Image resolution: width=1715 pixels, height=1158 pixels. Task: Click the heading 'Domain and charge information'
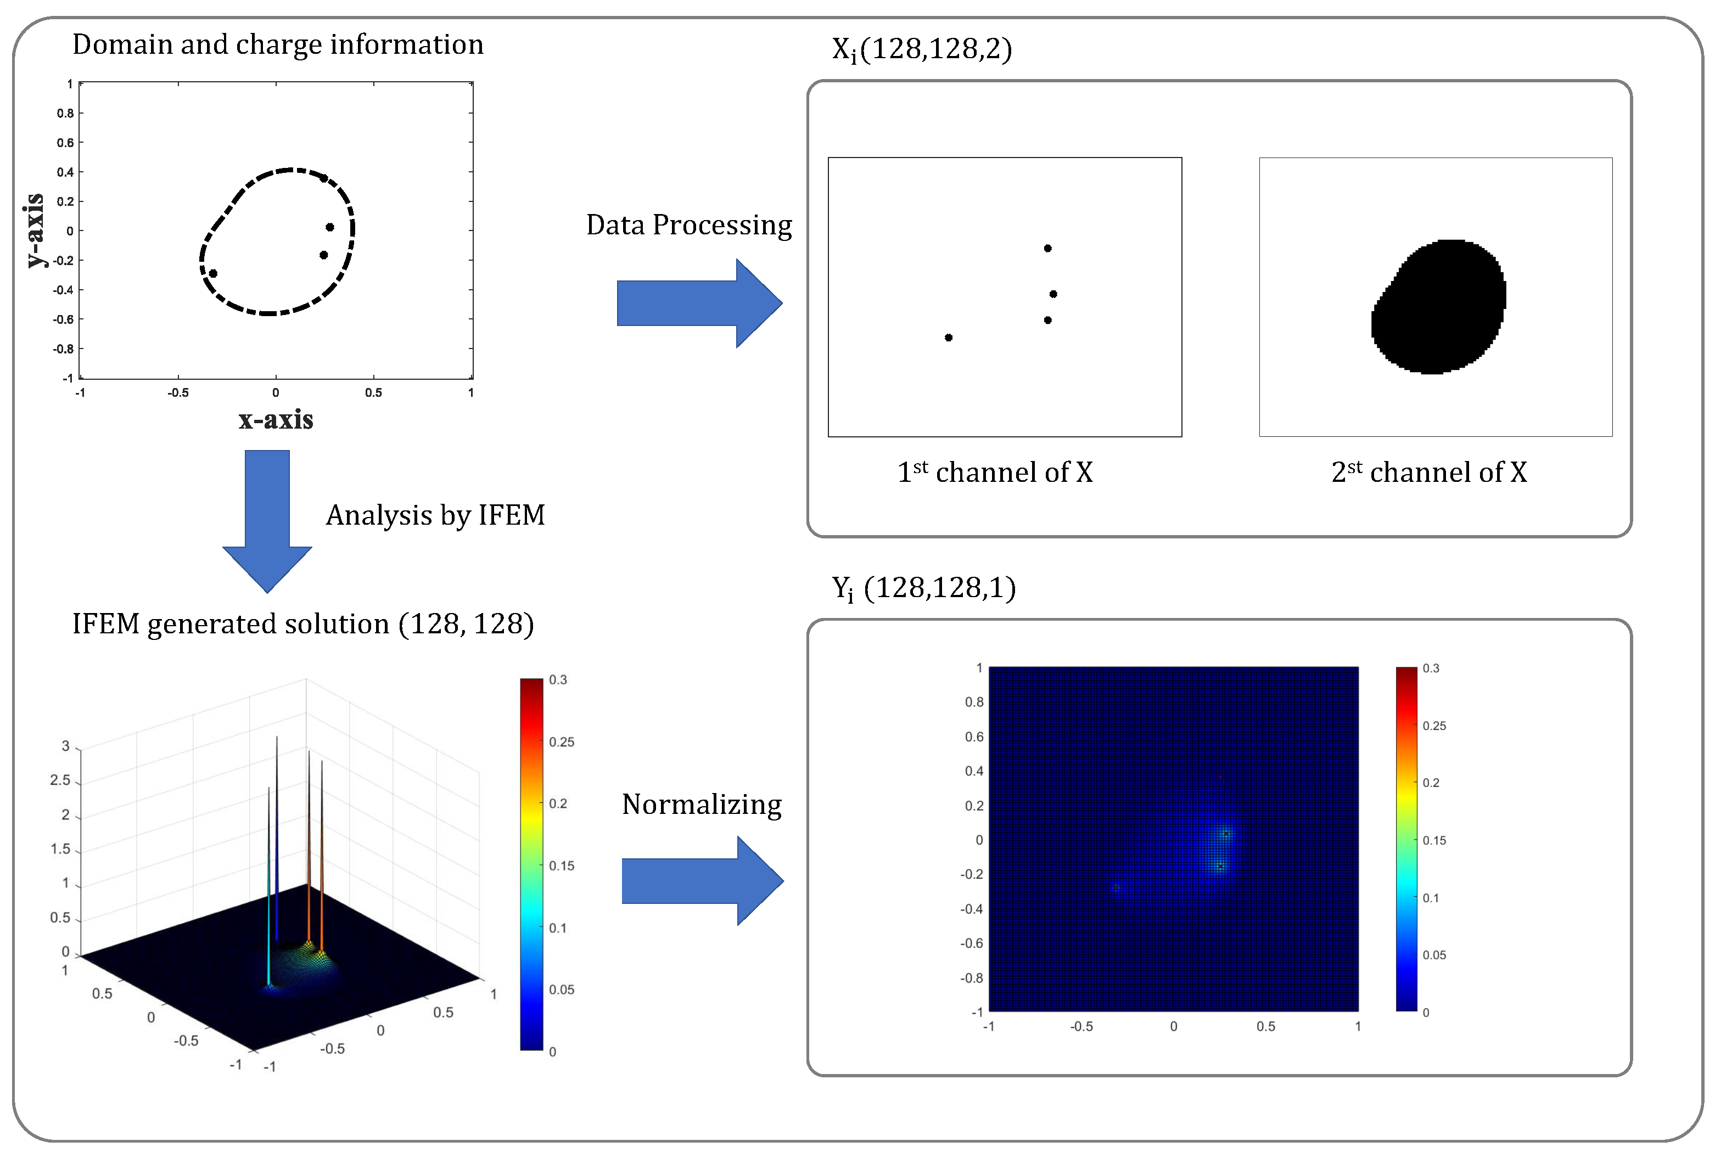coord(277,44)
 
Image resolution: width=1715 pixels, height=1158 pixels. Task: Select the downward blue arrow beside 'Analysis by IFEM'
coord(267,520)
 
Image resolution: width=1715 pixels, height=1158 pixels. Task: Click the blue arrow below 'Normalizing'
coord(701,881)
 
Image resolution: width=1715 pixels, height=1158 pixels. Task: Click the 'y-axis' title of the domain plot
coord(35,230)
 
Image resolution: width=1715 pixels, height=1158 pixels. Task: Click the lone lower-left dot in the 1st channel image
coord(948,338)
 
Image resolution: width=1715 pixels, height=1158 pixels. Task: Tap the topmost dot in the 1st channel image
coord(1047,249)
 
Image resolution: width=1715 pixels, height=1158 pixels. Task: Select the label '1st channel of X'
coord(995,472)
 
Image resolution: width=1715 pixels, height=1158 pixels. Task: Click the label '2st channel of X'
coord(1428,472)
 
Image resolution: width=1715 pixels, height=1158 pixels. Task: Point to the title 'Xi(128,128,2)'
coord(922,49)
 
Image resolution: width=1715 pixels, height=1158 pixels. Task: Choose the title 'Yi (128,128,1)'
coord(924,588)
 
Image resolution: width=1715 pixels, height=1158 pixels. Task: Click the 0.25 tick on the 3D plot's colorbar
coord(562,742)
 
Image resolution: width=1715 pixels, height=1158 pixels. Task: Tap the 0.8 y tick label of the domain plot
coord(66,114)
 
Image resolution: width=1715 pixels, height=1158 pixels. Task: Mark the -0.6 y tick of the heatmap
coord(971,943)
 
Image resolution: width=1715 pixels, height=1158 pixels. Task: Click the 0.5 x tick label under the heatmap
coord(1265,1026)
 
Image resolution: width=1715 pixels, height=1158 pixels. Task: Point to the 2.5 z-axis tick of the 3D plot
coord(60,780)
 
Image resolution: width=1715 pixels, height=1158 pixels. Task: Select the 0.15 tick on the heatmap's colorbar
coord(1434,840)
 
